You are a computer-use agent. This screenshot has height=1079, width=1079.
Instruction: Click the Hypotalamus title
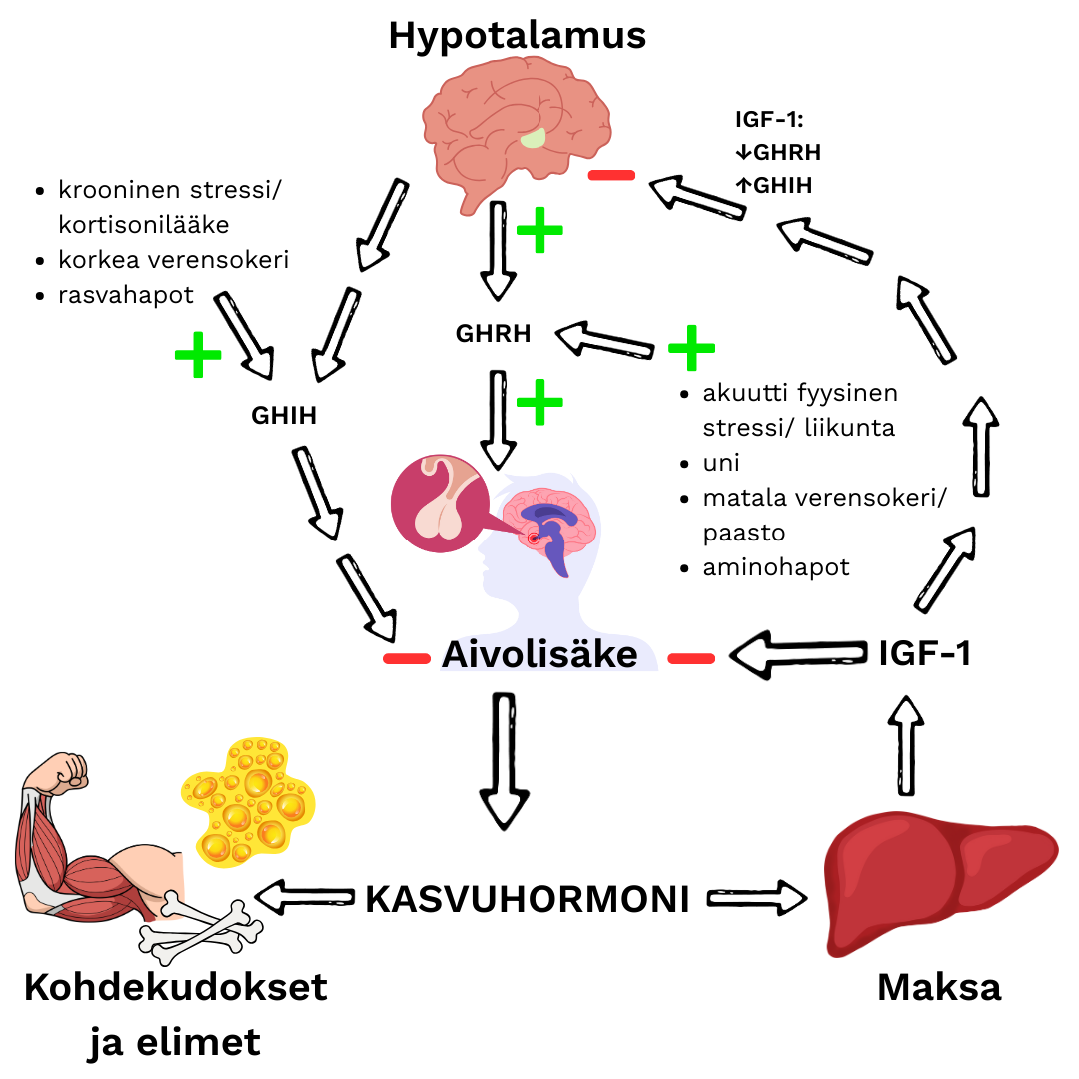click(517, 36)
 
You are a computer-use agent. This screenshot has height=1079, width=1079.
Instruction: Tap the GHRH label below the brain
click(493, 334)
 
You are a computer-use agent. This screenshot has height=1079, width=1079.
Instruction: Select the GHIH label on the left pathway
click(284, 415)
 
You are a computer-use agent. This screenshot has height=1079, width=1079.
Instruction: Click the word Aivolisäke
click(539, 655)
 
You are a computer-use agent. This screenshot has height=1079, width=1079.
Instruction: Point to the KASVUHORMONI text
click(528, 899)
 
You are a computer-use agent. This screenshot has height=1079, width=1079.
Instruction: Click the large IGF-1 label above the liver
click(925, 653)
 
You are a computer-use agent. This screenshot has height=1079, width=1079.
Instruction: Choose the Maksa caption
click(938, 987)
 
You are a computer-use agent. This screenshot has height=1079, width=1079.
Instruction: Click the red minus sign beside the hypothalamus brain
click(611, 176)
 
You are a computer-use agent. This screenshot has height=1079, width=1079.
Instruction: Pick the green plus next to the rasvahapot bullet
click(197, 355)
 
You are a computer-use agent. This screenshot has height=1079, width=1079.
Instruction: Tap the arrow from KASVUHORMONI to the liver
click(757, 897)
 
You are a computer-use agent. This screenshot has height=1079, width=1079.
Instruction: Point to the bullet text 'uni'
click(722, 464)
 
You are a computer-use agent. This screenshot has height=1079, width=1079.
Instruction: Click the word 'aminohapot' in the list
click(776, 567)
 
